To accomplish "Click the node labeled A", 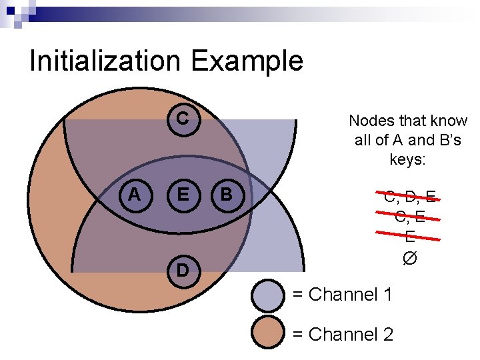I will pyautogui.click(x=135, y=195).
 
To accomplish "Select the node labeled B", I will pyautogui.click(x=227, y=195).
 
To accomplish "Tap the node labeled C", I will pyautogui.click(x=181, y=119).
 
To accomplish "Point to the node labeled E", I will pyautogui.click(x=181, y=195).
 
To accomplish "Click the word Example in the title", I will pyautogui.click(x=247, y=61).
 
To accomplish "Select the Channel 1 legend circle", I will pyautogui.click(x=269, y=295).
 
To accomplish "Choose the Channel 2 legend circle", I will pyautogui.click(x=269, y=333).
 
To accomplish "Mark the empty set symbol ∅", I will pyautogui.click(x=409, y=257).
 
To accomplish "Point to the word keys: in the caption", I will pyautogui.click(x=408, y=160).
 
